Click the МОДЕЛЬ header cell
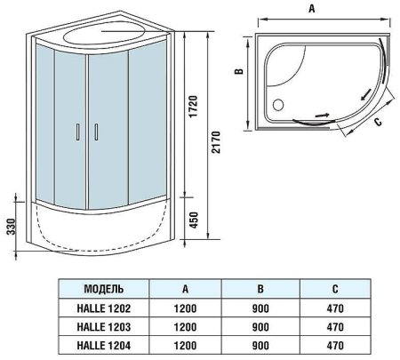coord(103,290)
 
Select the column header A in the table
coord(183,290)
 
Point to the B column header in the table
coord(259,290)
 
